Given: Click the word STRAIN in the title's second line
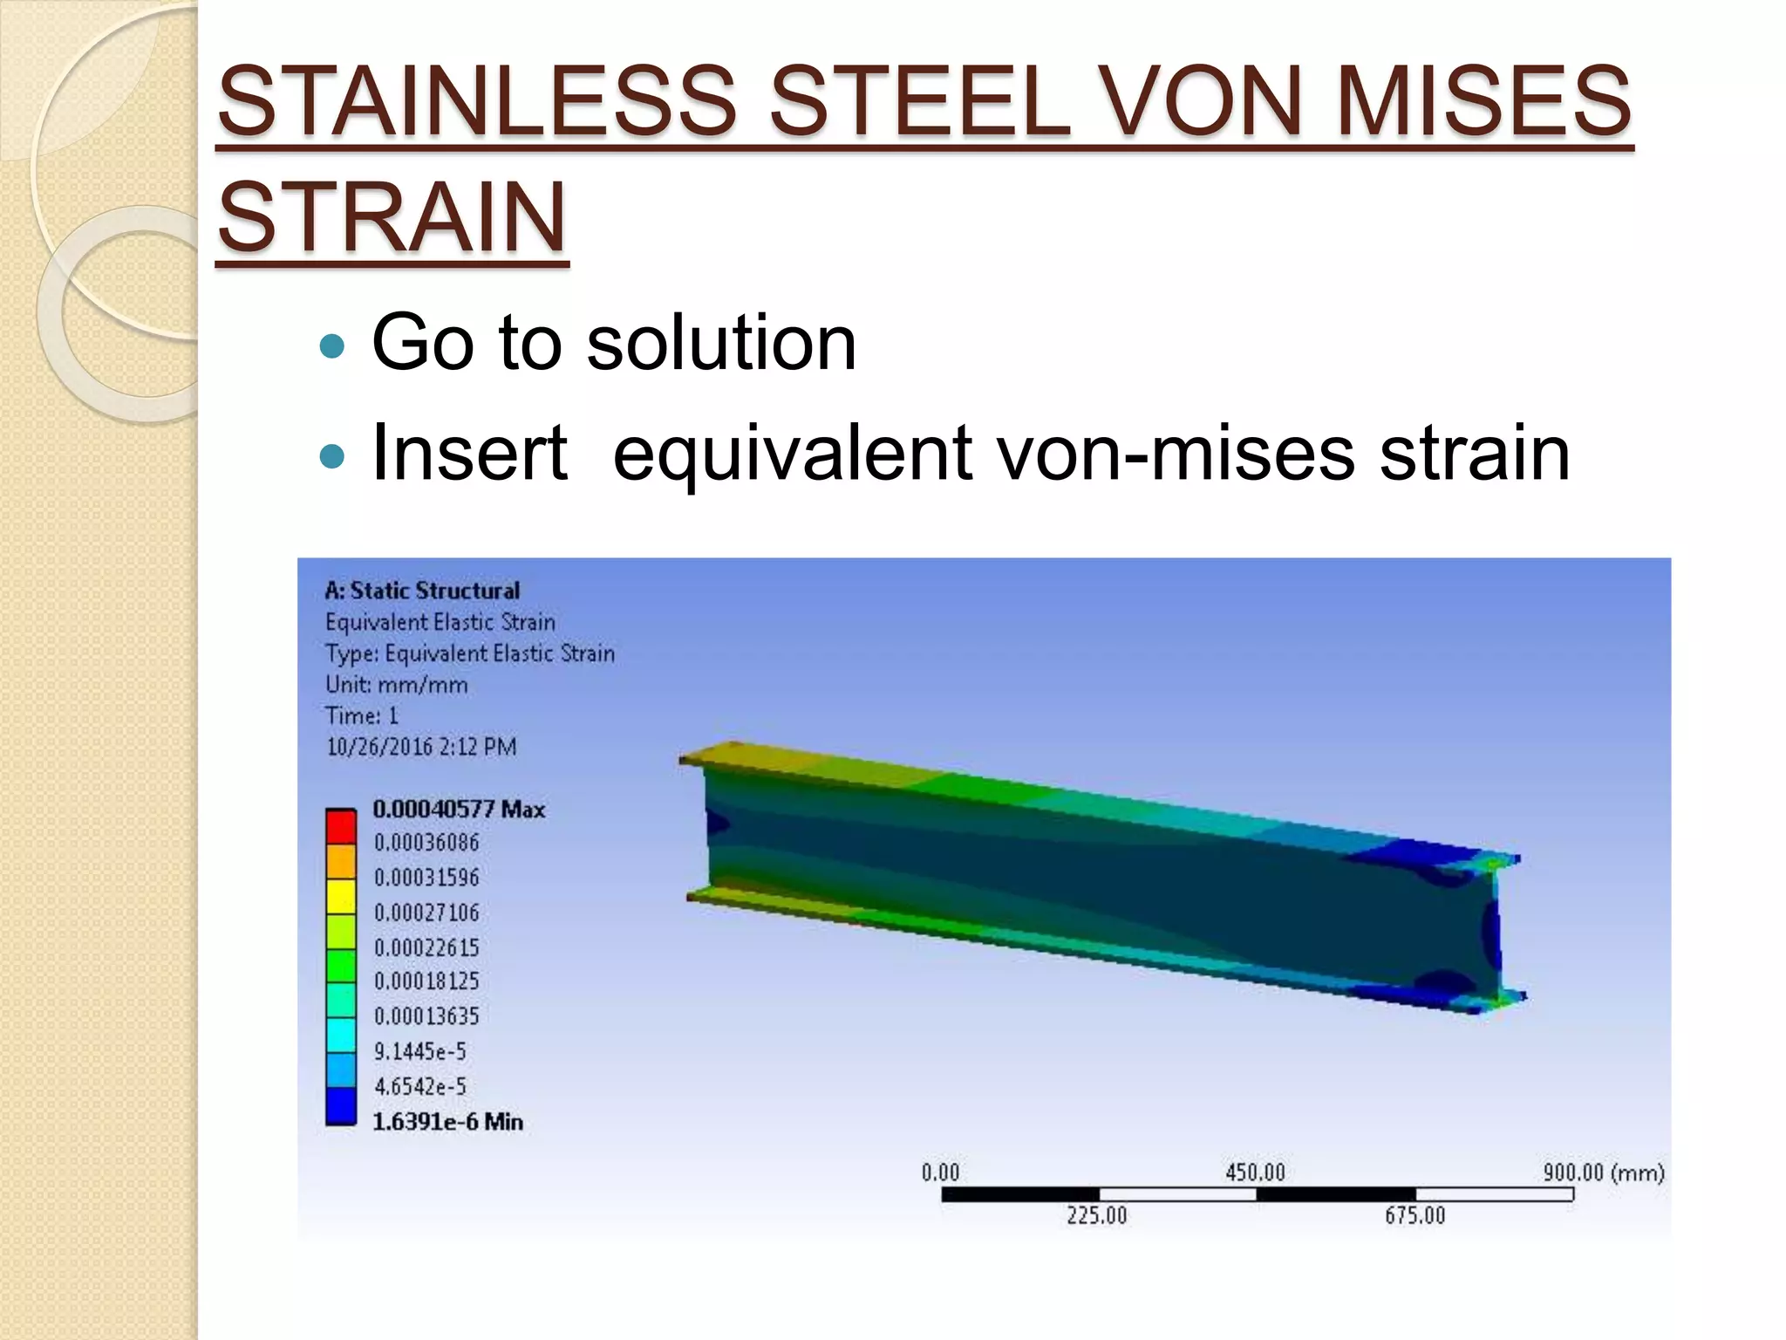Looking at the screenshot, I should [x=392, y=216].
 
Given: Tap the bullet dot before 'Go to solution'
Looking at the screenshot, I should [x=333, y=346].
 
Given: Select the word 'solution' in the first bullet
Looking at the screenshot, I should [x=721, y=343].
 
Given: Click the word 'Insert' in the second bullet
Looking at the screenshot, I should [x=469, y=452].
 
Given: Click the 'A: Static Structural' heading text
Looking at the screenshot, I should [x=422, y=591].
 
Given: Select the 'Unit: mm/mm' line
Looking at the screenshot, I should [x=396, y=685].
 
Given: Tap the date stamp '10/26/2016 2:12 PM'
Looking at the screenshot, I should [x=421, y=747].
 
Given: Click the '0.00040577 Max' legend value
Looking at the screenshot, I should [x=459, y=810].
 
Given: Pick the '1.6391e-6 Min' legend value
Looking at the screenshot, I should [x=448, y=1122].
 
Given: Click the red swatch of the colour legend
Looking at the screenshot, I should [x=341, y=826].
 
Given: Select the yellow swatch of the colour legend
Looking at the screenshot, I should [x=341, y=896].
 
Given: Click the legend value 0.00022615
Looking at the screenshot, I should [x=426, y=947].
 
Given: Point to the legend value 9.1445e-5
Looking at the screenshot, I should [x=420, y=1051].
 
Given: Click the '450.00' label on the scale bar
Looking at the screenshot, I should [x=1255, y=1172].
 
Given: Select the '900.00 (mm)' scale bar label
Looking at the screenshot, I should [x=1603, y=1172].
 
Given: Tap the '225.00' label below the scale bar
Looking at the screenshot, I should [x=1096, y=1215].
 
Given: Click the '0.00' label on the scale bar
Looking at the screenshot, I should [x=940, y=1172].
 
